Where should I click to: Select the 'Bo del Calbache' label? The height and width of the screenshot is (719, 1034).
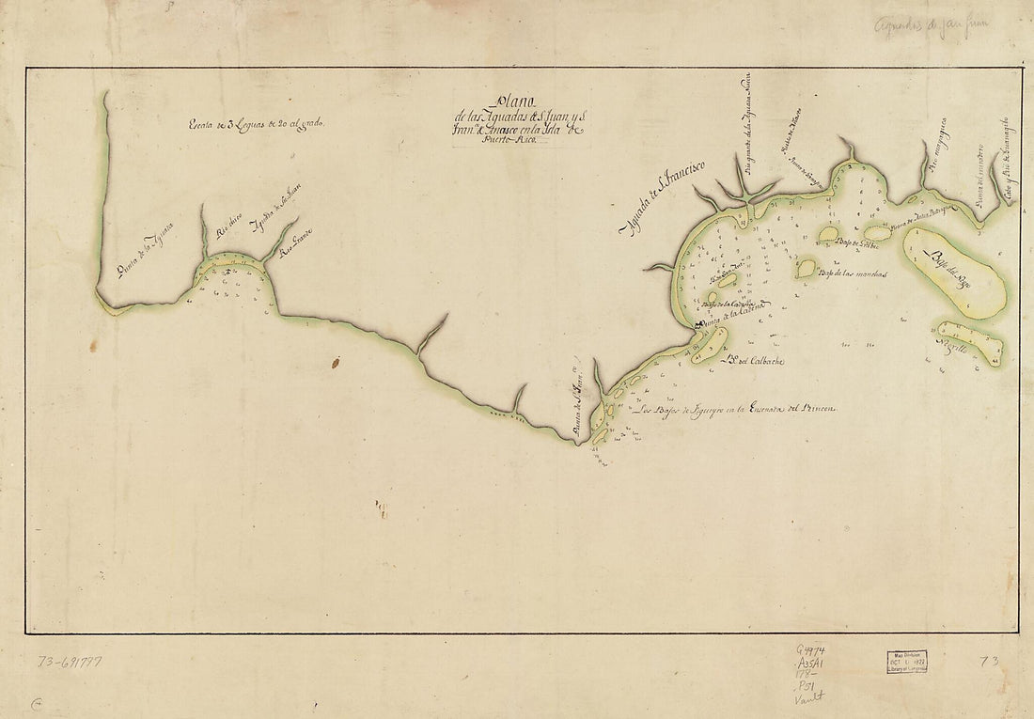(751, 361)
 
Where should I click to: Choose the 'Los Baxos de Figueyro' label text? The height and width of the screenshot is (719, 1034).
(732, 410)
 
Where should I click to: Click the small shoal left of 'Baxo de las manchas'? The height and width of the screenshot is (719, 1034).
(806, 269)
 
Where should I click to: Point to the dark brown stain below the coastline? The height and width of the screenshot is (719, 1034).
(335, 361)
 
